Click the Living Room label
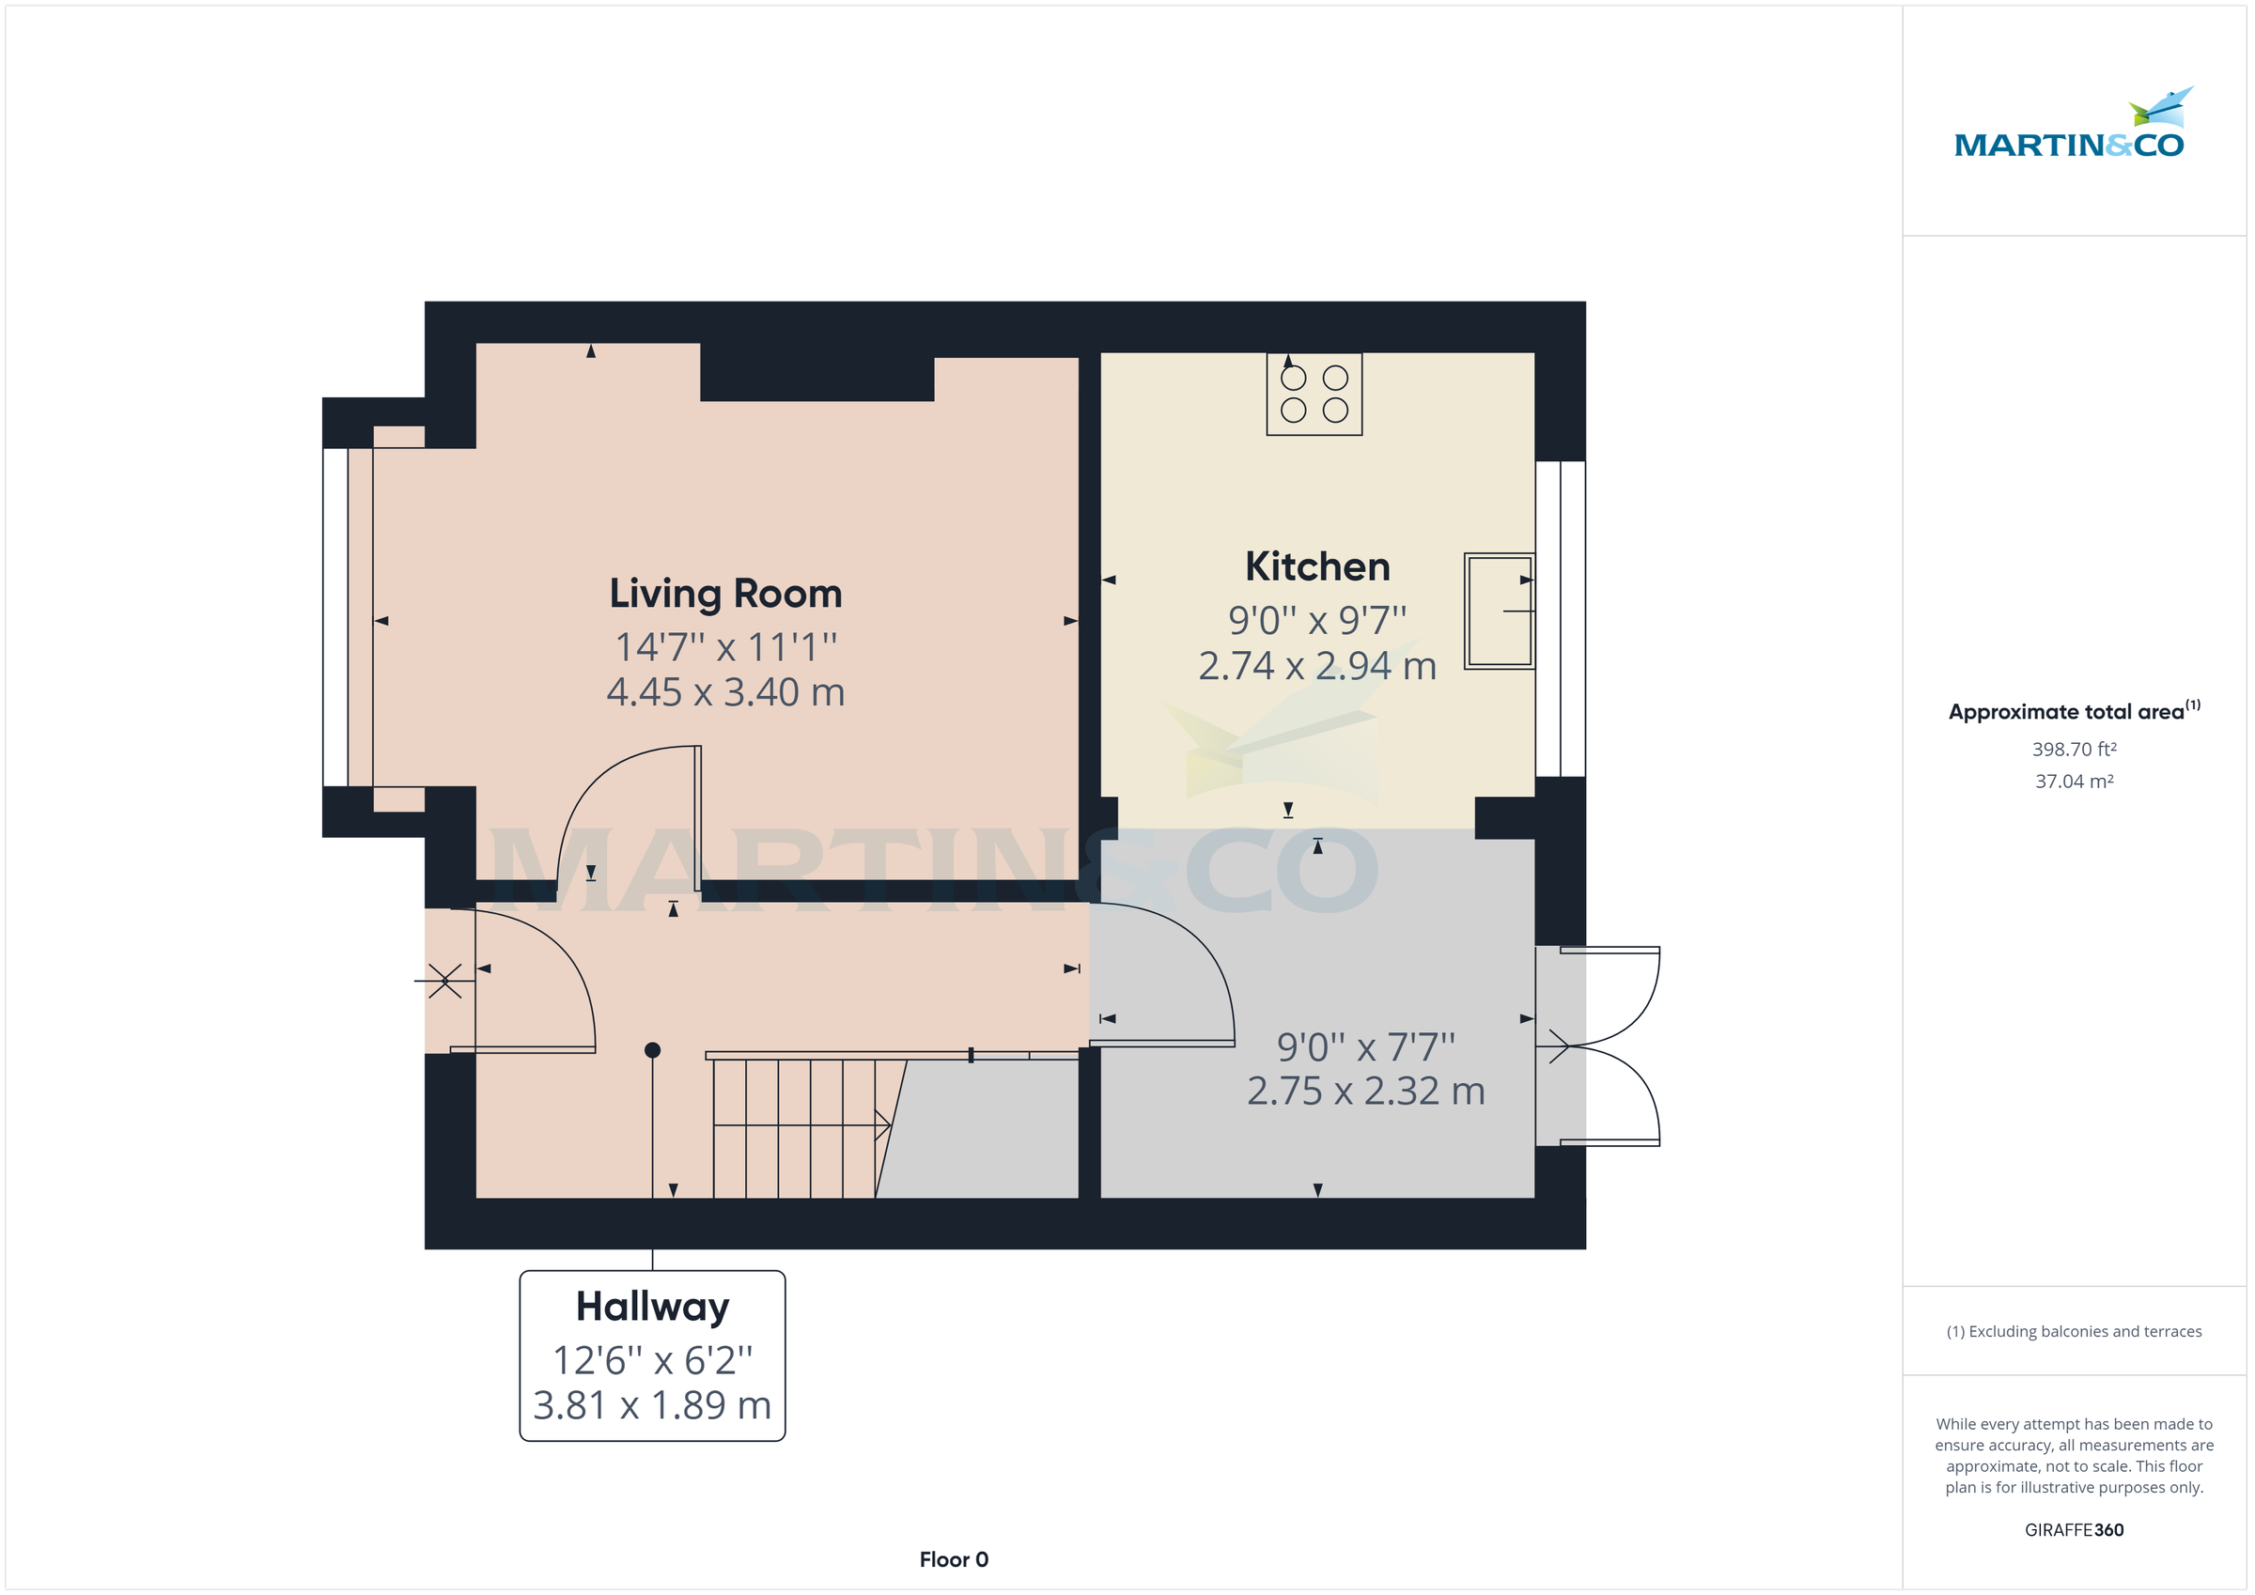click(724, 594)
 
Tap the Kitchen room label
click(1316, 566)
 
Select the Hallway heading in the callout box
click(652, 1307)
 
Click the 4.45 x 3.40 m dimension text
click(724, 692)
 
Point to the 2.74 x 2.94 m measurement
click(1316, 666)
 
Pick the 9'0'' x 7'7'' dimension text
click(1365, 1047)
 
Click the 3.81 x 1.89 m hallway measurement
click(652, 1405)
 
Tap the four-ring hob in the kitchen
click(1314, 394)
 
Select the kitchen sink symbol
click(1498, 611)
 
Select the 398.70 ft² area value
click(2074, 750)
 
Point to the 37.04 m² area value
click(2074, 782)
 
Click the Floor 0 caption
click(953, 1559)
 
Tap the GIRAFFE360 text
click(2074, 1530)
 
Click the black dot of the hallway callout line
click(652, 1050)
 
